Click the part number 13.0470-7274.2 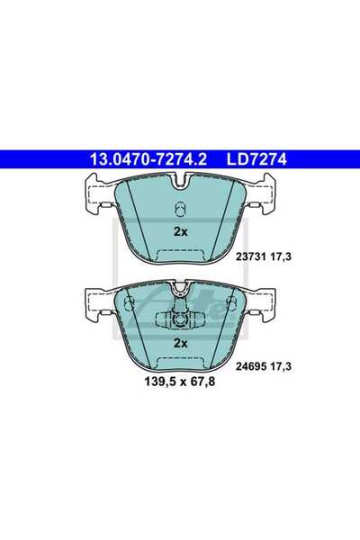(x=148, y=159)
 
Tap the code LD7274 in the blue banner (x=256, y=159)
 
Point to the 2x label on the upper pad (x=180, y=232)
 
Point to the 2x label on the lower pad (x=180, y=344)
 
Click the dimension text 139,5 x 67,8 (x=179, y=382)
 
